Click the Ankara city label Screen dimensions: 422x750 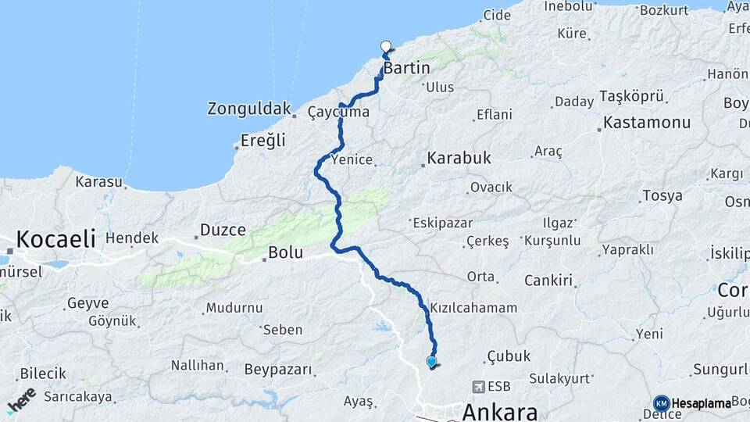pos(500,411)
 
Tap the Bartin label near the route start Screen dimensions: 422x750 pos(407,68)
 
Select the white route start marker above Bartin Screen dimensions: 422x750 pos(385,46)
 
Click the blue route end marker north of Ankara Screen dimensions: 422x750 pos(431,361)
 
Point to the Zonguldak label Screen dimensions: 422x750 pos(249,109)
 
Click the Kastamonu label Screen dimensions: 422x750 pos(647,123)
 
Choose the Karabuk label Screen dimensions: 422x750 pos(459,159)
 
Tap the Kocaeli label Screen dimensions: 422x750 pos(55,238)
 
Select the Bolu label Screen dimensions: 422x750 pos(284,252)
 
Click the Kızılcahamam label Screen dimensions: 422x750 pos(473,308)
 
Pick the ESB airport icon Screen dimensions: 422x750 pos(477,386)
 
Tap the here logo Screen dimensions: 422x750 pos(21,400)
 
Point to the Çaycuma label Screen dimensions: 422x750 pos(337,113)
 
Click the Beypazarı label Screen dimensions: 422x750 pos(278,369)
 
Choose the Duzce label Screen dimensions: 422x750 pos(223,230)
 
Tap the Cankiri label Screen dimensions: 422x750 pos(548,280)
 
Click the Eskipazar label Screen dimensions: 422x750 pos(441,222)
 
